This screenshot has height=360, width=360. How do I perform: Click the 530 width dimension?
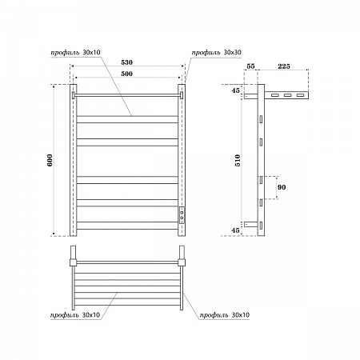pos(126,62)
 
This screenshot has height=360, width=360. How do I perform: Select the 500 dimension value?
pos(126,73)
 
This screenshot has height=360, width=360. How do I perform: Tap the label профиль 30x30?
pos(217,53)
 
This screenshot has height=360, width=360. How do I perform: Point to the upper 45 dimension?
pos(235,90)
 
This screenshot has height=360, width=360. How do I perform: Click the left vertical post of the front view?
pos(73,160)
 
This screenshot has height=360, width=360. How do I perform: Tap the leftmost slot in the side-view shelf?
pos(274,96)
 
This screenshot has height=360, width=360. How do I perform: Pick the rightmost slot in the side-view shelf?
pos(300,96)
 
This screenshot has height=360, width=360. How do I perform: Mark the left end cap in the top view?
pos(72,261)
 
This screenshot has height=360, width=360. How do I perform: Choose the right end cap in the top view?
pos(182,261)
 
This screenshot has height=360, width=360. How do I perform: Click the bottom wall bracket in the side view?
pos(252,222)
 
